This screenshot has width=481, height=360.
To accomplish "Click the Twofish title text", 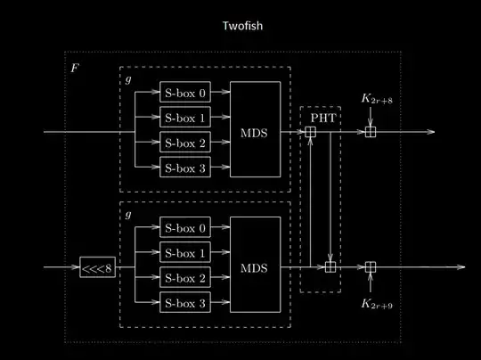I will (241, 27).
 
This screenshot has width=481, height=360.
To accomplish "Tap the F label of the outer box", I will (74, 68).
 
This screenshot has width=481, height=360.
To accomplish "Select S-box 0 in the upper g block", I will (185, 92).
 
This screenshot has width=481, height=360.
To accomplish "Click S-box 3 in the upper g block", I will (185, 167).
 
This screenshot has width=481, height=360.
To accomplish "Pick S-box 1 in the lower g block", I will (185, 253).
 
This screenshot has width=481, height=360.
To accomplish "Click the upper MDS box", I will (255, 130).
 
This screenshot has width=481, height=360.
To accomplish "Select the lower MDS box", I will (255, 266).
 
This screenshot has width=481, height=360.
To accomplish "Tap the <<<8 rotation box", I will (98, 266).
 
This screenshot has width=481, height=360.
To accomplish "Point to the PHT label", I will (320, 117).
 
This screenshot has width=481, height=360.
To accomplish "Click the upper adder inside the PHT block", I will (310, 133).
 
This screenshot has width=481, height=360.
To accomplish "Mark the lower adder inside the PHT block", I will (330, 266).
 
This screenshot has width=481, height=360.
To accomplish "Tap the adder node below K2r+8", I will (371, 133).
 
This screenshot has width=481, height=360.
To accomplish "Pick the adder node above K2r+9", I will (371, 266).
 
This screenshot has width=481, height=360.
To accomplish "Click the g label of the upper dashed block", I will (127, 80).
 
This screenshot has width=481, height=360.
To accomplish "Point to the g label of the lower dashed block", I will (127, 215).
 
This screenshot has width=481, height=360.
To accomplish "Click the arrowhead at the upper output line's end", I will (431, 133).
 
